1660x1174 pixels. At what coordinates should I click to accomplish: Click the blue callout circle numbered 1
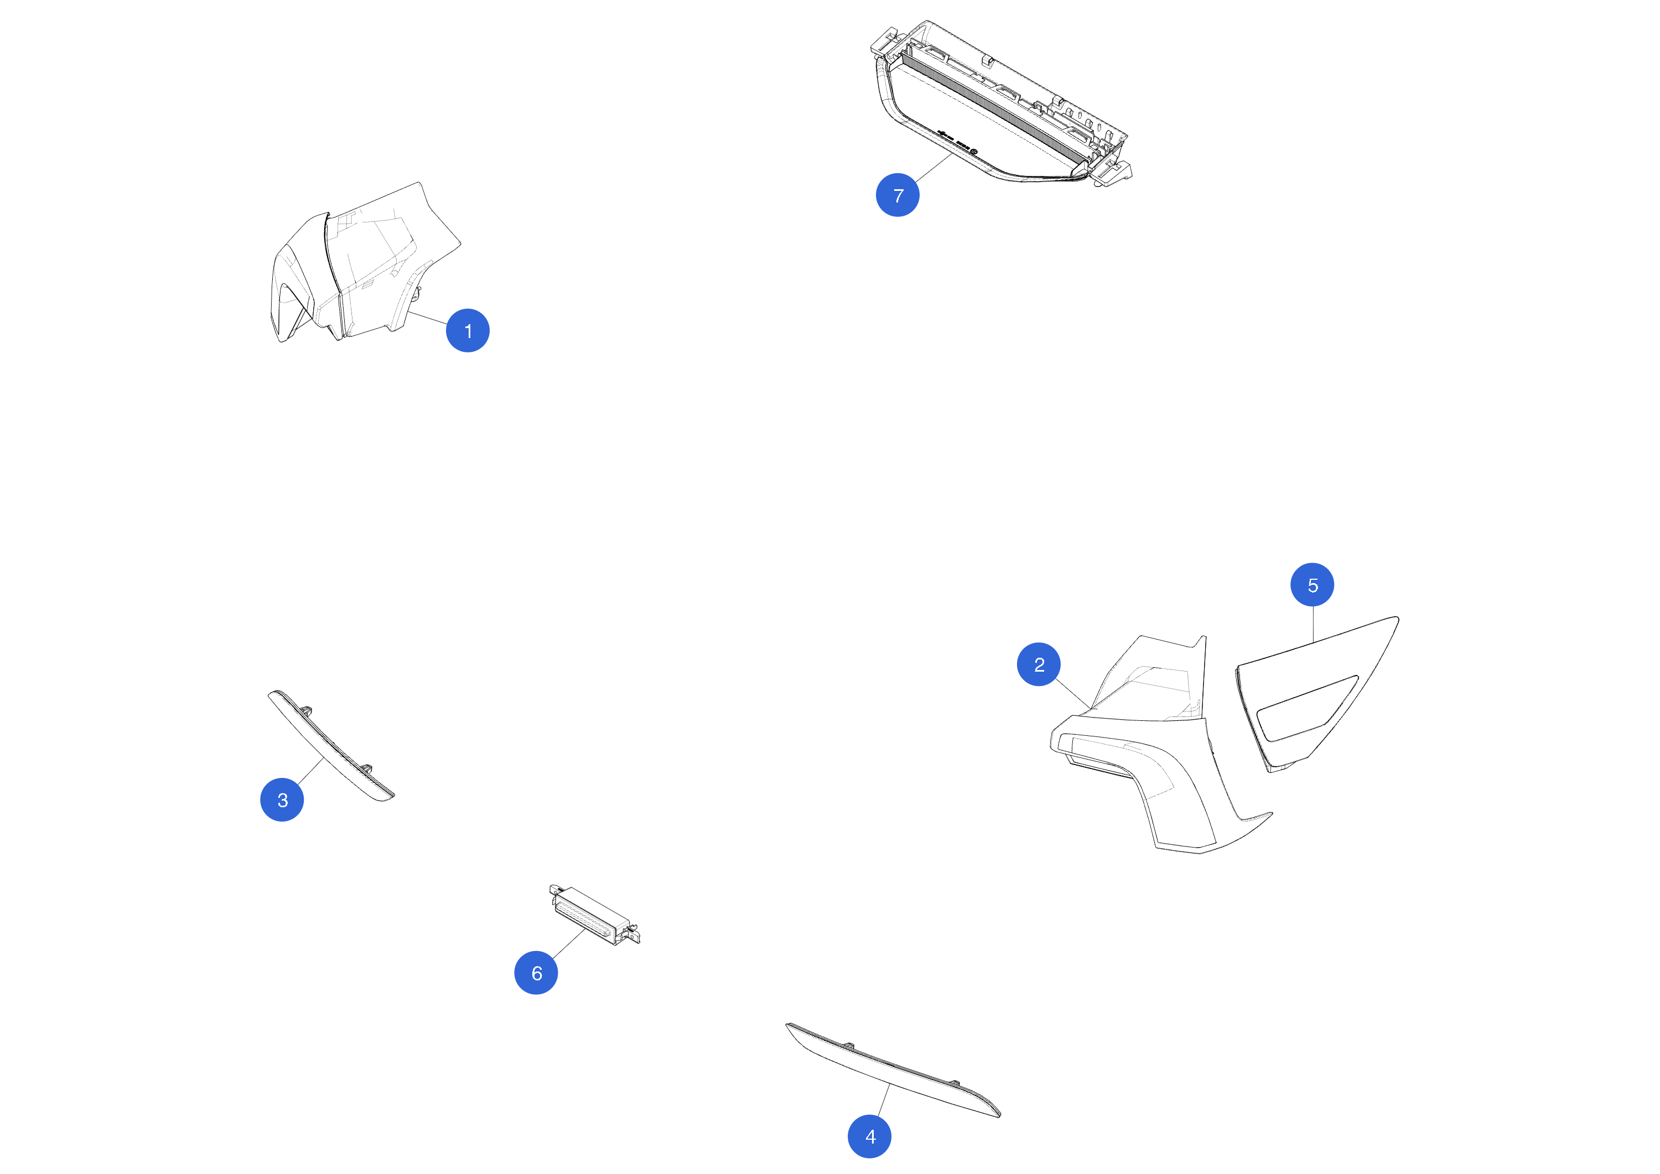(468, 330)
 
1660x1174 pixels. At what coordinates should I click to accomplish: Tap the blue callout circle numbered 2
(1039, 664)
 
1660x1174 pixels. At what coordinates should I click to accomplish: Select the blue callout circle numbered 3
(282, 799)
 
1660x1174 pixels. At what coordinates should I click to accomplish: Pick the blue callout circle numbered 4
(870, 1136)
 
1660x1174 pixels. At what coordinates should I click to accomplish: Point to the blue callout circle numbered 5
(1313, 585)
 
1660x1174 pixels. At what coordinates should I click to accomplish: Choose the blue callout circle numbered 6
(536, 972)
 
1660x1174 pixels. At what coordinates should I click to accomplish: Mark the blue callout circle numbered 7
(898, 195)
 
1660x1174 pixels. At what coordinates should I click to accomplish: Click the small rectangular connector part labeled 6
(594, 915)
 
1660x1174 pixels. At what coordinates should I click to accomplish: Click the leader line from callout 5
(1313, 625)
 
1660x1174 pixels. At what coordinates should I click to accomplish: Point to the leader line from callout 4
(884, 1099)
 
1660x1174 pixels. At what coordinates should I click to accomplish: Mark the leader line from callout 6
(568, 943)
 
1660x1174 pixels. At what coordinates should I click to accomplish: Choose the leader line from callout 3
(310, 771)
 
